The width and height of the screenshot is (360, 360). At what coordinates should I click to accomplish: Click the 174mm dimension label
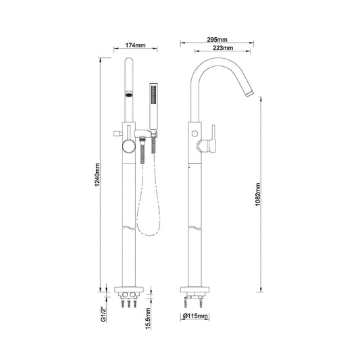tap(135, 45)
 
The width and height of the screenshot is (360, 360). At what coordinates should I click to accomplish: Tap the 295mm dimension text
tap(217, 40)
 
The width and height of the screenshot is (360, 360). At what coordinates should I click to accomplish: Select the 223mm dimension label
tap(223, 48)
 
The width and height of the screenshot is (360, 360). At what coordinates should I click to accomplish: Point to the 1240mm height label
tap(97, 175)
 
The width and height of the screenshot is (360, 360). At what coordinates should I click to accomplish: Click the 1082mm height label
tap(258, 195)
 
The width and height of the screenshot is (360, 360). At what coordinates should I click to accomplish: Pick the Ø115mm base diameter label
tap(195, 316)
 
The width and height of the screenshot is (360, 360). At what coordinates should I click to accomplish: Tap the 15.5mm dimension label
tap(148, 319)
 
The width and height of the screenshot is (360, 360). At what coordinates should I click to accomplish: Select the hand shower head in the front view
tap(153, 106)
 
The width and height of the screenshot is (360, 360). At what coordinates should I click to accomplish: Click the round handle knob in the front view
tap(128, 147)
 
